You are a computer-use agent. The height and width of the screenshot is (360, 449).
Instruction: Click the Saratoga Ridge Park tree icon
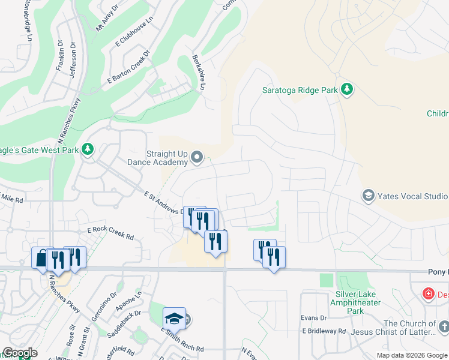(346, 90)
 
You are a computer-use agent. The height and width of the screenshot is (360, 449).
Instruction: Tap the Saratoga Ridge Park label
(300, 91)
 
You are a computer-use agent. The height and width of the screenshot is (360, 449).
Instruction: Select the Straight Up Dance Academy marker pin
(197, 158)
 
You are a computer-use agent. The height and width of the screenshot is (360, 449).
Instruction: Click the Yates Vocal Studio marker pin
(368, 196)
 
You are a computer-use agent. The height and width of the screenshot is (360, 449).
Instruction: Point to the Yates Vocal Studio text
(412, 196)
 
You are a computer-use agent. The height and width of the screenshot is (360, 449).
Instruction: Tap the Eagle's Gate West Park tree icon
(88, 149)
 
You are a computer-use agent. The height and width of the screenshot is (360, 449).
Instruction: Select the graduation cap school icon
(174, 319)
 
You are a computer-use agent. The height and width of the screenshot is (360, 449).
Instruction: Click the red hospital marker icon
(428, 294)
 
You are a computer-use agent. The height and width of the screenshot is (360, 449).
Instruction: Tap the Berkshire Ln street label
(198, 74)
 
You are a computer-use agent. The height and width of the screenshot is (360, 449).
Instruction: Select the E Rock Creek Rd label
(110, 233)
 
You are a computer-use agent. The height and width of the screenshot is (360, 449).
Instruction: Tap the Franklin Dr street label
(59, 56)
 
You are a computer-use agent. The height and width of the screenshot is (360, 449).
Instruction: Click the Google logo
(20, 353)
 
